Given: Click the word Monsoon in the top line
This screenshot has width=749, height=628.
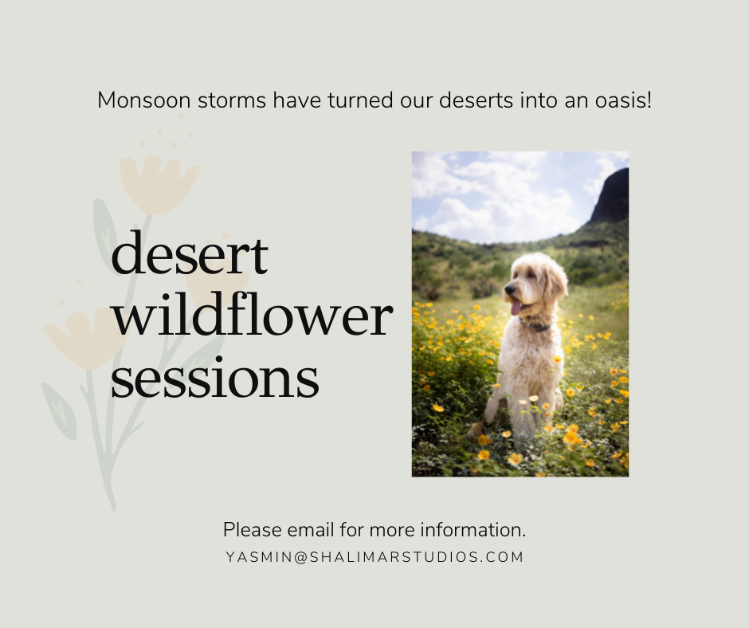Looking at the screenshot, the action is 144,101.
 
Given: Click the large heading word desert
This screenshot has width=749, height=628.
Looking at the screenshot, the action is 190,253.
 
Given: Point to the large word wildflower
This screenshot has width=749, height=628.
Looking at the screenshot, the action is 253,315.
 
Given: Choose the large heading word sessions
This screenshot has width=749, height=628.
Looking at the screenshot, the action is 215,378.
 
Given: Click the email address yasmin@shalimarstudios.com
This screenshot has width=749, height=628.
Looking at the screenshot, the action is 374,557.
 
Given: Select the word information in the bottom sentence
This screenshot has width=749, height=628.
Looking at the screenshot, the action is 473,530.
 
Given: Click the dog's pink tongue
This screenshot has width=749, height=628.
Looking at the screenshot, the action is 516,308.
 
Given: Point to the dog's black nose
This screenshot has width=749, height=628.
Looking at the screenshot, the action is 510,288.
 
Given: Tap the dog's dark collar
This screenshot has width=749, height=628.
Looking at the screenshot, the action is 537,327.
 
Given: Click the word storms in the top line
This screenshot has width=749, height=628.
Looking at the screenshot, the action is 232,101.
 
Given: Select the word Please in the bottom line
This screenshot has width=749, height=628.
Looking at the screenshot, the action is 253,530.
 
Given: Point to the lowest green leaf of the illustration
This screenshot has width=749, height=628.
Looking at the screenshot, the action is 59,410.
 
